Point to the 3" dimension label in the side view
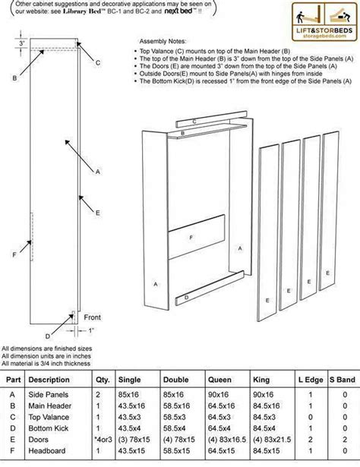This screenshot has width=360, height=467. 24,43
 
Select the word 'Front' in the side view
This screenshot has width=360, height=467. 92,317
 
